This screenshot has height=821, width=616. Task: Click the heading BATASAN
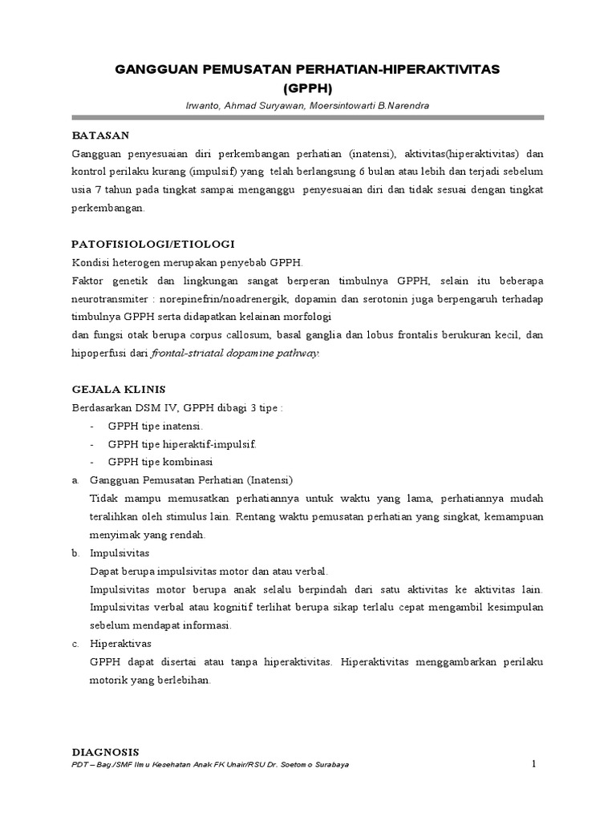[100, 135]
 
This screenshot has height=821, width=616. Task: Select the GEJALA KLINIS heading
[119, 389]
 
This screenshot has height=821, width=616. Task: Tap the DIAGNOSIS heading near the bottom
[106, 752]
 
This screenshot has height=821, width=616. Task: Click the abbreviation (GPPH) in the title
[307, 88]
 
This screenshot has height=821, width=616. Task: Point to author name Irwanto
[201, 105]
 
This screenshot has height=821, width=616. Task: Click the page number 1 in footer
[533, 764]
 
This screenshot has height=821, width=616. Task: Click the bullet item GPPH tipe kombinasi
[164, 462]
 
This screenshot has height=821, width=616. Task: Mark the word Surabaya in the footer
[329, 765]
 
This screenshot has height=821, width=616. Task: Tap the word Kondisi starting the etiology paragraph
[91, 262]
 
